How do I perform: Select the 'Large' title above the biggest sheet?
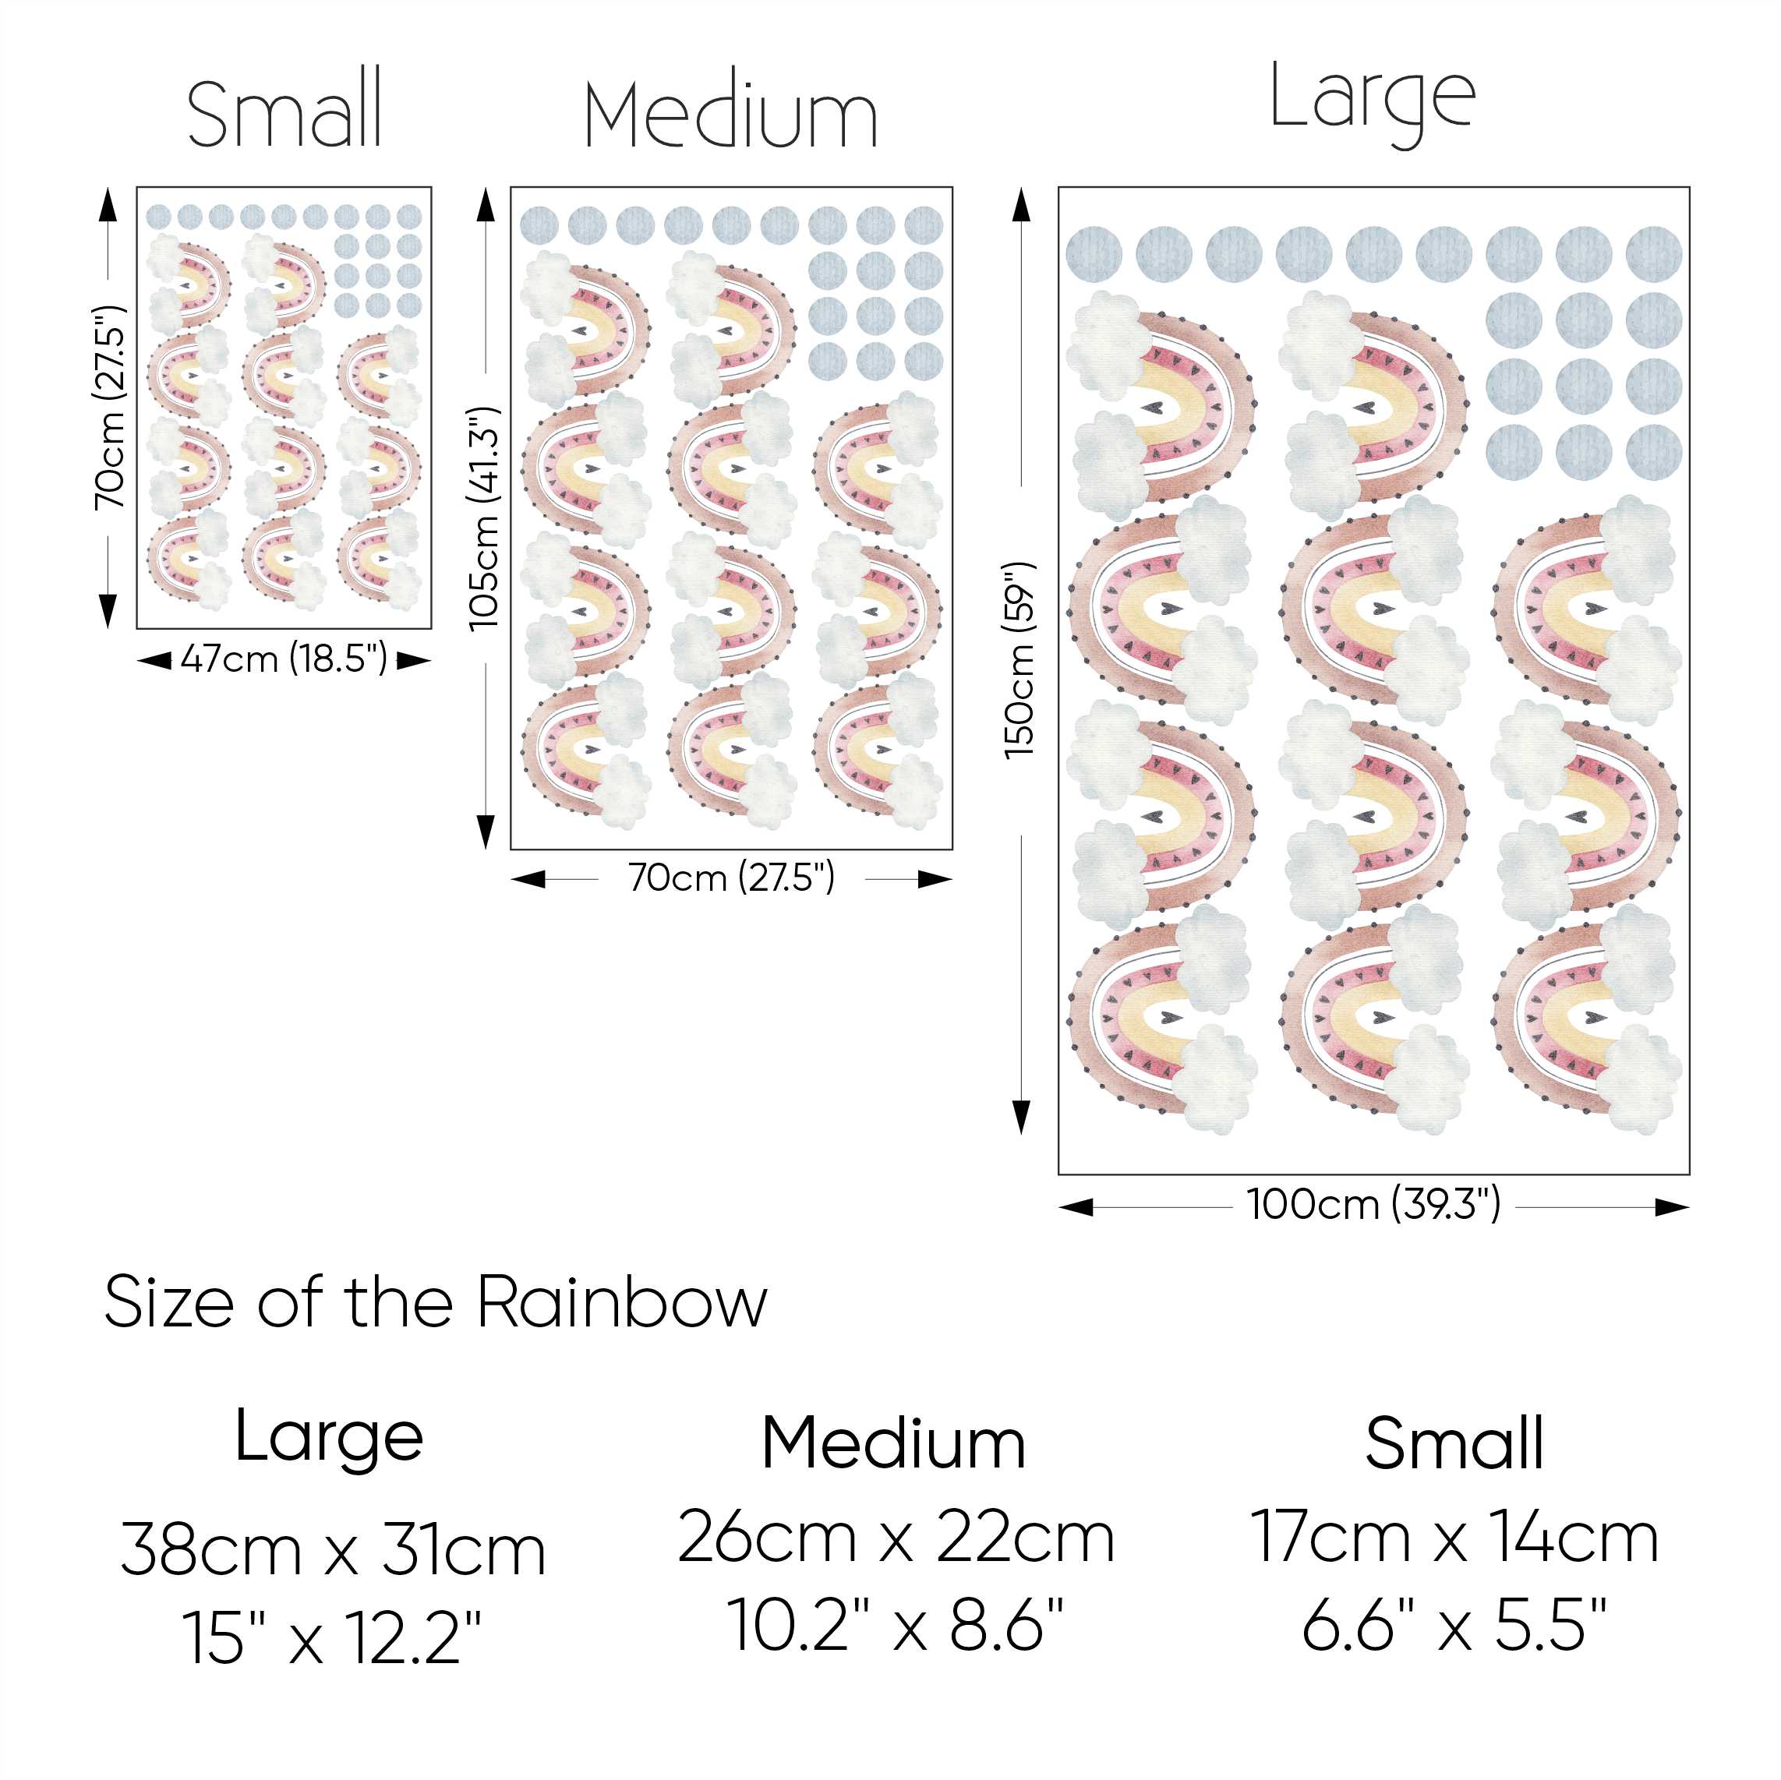pyautogui.click(x=1373, y=101)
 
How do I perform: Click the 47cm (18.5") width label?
pyautogui.click(x=284, y=660)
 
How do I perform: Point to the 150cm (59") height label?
pyautogui.click(x=1021, y=661)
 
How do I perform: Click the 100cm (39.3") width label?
pyautogui.click(x=1373, y=1205)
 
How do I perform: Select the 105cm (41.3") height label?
pyautogui.click(x=485, y=519)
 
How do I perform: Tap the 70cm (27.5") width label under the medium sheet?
pyautogui.click(x=731, y=878)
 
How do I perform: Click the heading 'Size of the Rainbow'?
pyautogui.click(x=435, y=1302)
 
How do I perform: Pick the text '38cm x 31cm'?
pyautogui.click(x=334, y=1549)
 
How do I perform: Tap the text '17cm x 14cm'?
pyautogui.click(x=1454, y=1537)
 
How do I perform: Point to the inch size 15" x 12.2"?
pyautogui.click(x=332, y=1637)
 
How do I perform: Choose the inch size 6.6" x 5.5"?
pyautogui.click(x=1454, y=1624)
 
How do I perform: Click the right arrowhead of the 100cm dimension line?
pyautogui.click(x=1674, y=1206)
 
